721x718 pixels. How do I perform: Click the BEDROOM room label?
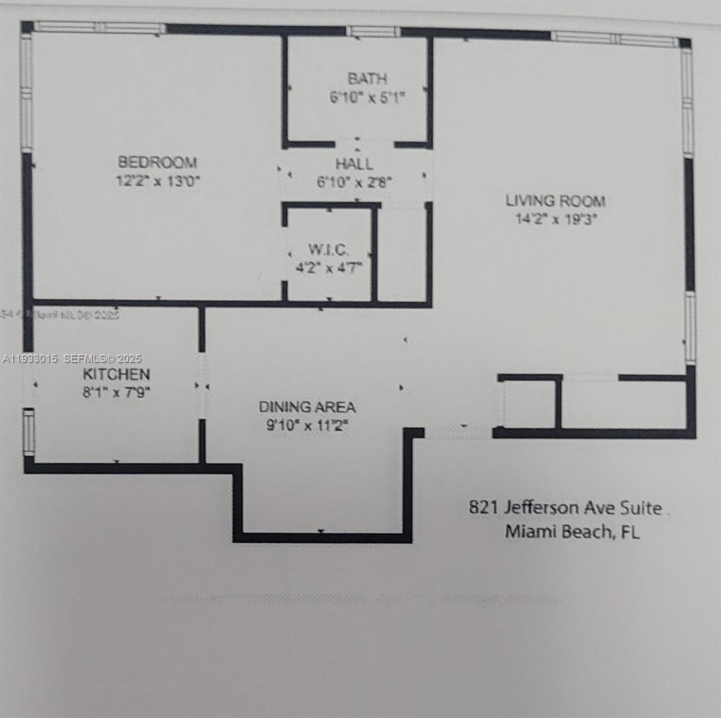click(157, 162)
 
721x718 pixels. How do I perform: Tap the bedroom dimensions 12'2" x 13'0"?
click(157, 181)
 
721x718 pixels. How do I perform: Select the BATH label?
click(367, 78)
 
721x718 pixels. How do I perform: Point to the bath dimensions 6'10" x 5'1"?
click(367, 98)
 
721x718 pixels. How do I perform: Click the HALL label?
click(354, 163)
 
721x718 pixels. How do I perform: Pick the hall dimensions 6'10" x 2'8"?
click(354, 182)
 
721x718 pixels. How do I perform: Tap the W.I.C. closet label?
click(328, 249)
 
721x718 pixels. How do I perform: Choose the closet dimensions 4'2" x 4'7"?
click(328, 267)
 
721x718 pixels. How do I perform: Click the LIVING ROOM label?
click(555, 200)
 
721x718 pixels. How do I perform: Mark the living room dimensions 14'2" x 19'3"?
click(556, 219)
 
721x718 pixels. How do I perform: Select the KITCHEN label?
click(116, 375)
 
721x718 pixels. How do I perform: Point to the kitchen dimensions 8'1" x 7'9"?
click(116, 393)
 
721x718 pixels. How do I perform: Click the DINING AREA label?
click(307, 407)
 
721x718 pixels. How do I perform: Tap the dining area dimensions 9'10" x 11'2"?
click(307, 426)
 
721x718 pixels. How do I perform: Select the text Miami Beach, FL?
click(572, 531)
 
